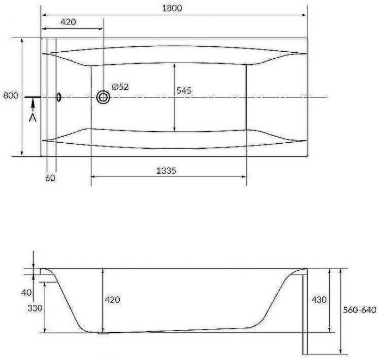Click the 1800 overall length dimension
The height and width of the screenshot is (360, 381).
[172, 8]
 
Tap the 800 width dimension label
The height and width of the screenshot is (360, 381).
[11, 95]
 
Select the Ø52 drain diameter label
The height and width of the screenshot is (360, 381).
[120, 87]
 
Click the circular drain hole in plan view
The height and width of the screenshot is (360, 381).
[103, 97]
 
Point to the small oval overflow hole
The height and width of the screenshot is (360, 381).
[59, 97]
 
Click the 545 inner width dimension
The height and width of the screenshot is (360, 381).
[184, 90]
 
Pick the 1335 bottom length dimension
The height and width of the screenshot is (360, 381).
[166, 170]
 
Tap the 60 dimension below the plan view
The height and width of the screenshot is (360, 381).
[50, 178]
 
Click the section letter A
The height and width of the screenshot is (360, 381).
[33, 118]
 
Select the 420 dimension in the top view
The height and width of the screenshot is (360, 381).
[68, 22]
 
